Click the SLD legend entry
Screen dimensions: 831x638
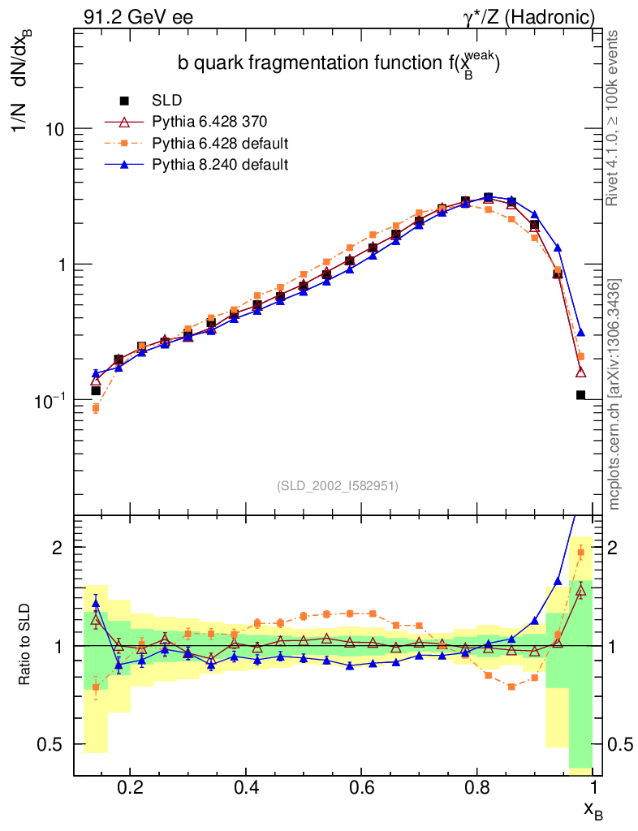click(166, 101)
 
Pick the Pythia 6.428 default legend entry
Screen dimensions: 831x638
click(220, 144)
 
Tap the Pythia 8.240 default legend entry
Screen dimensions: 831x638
click(220, 165)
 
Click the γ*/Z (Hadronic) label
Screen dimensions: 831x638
click(529, 16)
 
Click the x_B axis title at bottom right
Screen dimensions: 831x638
click(593, 809)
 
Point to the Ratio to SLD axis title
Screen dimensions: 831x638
click(25, 646)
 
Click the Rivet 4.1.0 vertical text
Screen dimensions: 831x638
click(614, 117)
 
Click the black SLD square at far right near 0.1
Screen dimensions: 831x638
click(580, 395)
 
